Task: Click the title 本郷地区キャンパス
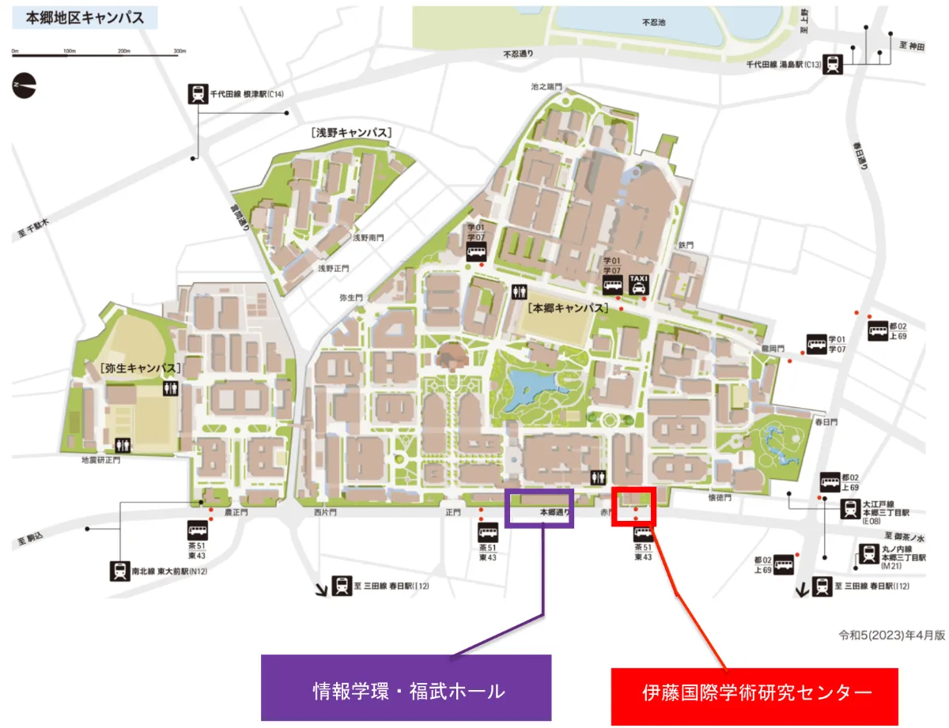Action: pyautogui.click(x=85, y=17)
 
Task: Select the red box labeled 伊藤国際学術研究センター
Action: pyautogui.click(x=755, y=692)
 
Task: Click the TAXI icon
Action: pyautogui.click(x=638, y=285)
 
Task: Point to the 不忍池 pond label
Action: pyautogui.click(x=654, y=23)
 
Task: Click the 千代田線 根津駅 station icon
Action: pyautogui.click(x=197, y=94)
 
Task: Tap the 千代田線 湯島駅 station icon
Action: pyautogui.click(x=832, y=64)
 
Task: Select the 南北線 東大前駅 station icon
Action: pyautogui.click(x=119, y=570)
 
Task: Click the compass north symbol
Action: pyautogui.click(x=25, y=85)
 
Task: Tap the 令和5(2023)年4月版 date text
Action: pyautogui.click(x=893, y=634)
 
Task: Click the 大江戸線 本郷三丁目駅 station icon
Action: pyautogui.click(x=849, y=509)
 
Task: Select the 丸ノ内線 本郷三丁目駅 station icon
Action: pyautogui.click(x=868, y=553)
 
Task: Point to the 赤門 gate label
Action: pyautogui.click(x=606, y=513)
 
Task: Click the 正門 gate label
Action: pyautogui.click(x=452, y=513)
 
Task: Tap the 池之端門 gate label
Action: pyautogui.click(x=546, y=85)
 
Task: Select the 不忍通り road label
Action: pyautogui.click(x=519, y=55)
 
